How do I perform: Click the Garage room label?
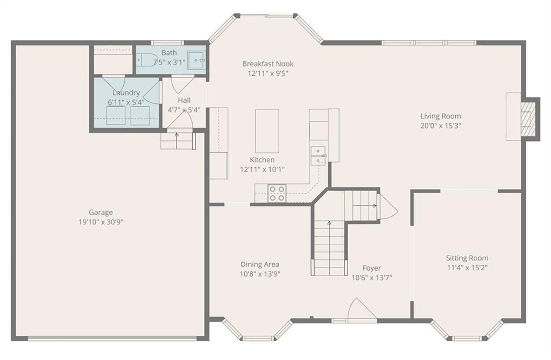(101, 213)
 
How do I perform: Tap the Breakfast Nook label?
(268, 63)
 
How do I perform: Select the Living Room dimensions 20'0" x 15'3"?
(441, 125)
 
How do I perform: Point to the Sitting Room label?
(467, 258)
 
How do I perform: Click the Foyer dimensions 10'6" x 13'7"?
(372, 277)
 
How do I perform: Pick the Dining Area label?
(260, 264)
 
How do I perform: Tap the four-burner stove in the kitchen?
(277, 193)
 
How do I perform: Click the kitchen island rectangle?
(267, 131)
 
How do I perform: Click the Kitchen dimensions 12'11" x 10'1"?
(262, 170)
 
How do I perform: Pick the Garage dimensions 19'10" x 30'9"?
(101, 222)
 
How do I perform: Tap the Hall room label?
(184, 100)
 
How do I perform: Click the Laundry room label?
(126, 93)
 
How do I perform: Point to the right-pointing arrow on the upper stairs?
(365, 206)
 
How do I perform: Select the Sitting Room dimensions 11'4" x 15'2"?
(467, 267)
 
